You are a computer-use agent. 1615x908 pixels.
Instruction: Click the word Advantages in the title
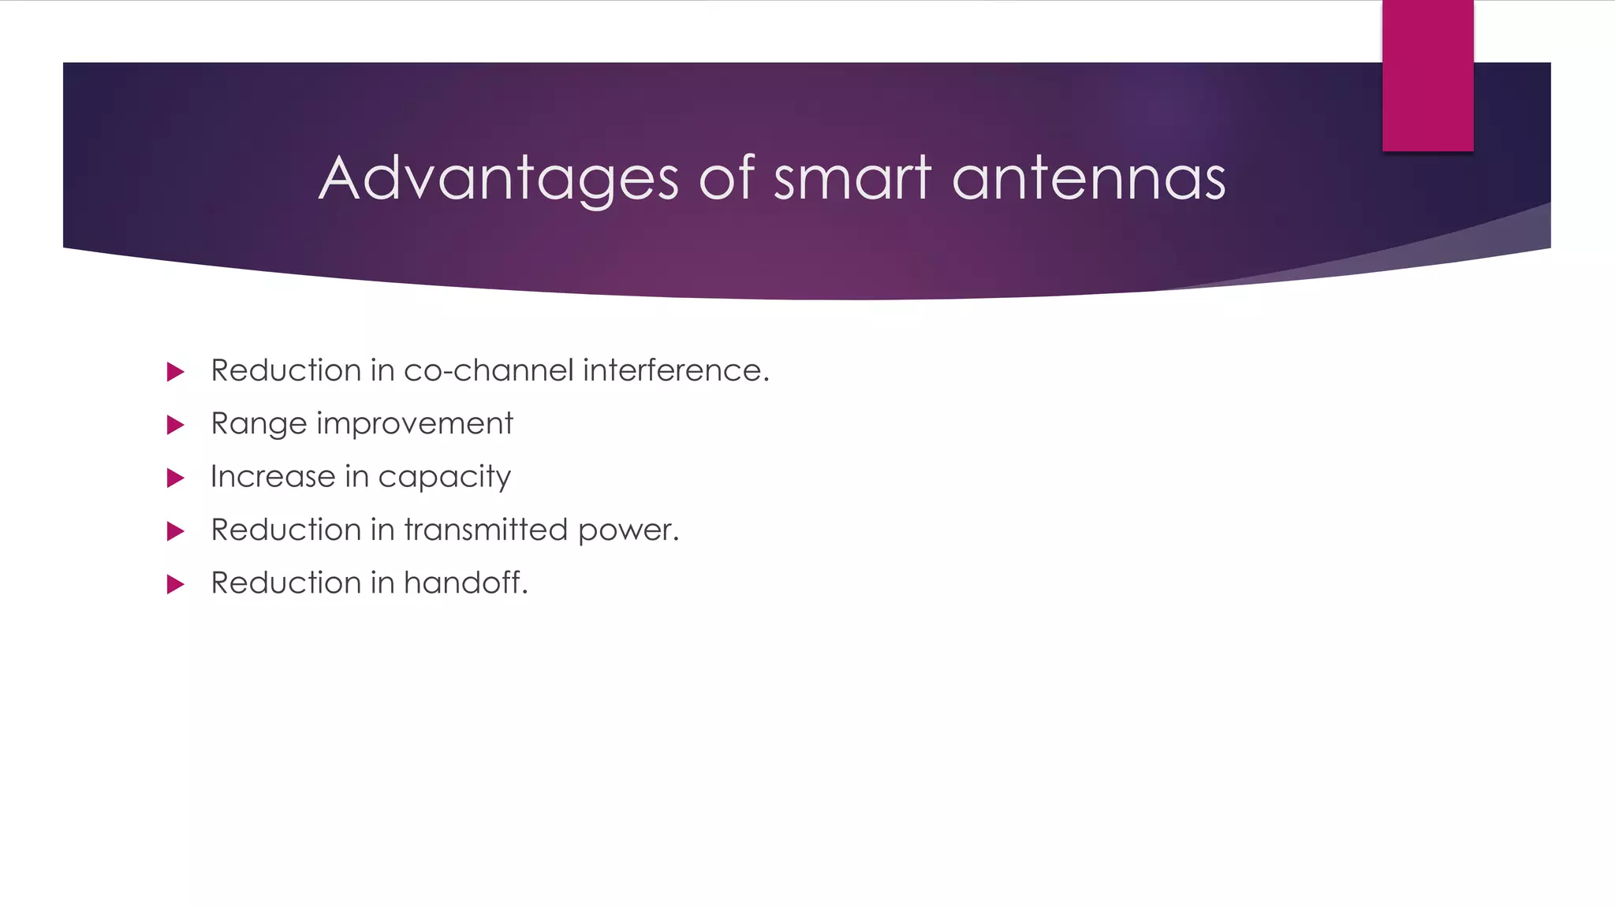[x=498, y=180]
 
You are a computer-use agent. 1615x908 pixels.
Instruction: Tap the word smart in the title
[x=852, y=180]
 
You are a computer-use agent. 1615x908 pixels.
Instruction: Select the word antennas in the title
[x=1088, y=180]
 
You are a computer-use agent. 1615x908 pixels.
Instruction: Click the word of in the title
[x=726, y=180]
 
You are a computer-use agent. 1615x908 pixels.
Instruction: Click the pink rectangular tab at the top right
[x=1427, y=76]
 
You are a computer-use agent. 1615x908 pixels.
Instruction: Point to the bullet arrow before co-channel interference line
[x=175, y=372]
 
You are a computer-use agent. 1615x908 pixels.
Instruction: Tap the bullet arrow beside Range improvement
[x=175, y=426]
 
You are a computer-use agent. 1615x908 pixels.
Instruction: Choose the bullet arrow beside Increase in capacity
[x=175, y=478]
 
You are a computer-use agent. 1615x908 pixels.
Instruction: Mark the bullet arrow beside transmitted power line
[x=175, y=531]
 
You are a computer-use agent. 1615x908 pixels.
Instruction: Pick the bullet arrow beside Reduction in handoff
[x=175, y=585]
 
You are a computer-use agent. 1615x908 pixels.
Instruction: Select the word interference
[x=675, y=370]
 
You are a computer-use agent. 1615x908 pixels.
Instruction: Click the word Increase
[x=273, y=477]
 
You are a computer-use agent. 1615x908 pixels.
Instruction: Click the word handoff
[x=465, y=583]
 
